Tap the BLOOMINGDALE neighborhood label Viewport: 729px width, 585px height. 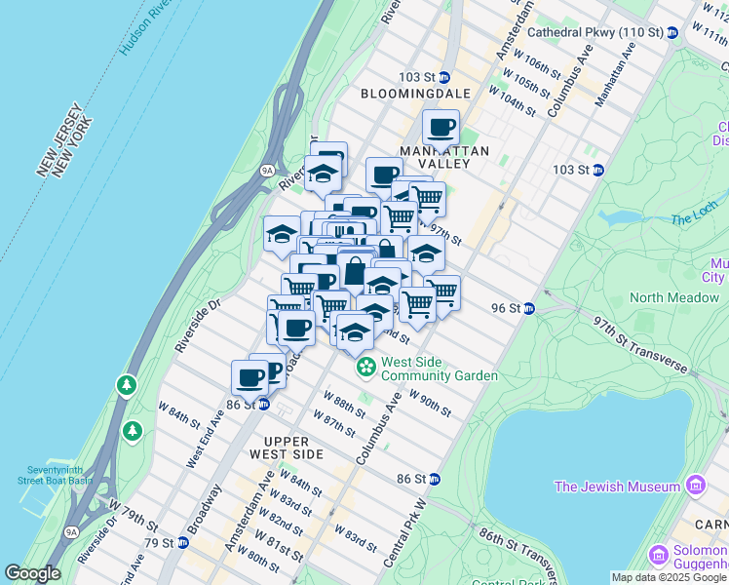click(x=415, y=94)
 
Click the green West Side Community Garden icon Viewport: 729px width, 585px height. click(x=365, y=368)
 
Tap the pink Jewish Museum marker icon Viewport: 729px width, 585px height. click(x=695, y=486)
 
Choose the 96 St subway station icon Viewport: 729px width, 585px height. click(x=528, y=308)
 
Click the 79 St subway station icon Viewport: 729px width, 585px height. click(x=182, y=542)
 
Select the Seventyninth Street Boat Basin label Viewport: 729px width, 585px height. click(x=56, y=472)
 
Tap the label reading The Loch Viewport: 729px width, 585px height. click(x=693, y=219)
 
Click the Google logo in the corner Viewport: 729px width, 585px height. click(x=32, y=573)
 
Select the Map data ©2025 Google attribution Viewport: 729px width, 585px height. click(x=669, y=577)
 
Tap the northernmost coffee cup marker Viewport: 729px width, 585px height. click(x=441, y=127)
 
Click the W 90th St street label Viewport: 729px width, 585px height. click(x=430, y=403)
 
